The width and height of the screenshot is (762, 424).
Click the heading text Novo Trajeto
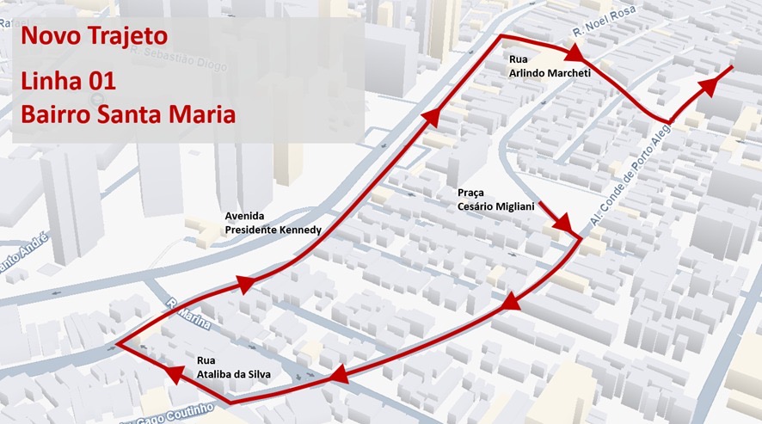point(95,37)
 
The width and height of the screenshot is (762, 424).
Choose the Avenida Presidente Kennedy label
point(273,224)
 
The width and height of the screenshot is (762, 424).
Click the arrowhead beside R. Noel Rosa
point(575,54)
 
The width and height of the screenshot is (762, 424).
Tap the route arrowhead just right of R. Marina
point(243,285)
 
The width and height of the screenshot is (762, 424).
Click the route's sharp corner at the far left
point(116,345)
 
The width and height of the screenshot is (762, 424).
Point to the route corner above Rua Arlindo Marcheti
point(501,37)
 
